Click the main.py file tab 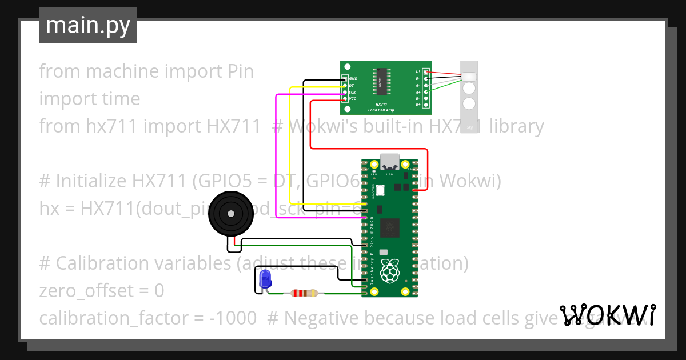tap(88, 25)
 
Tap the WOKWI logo tap(607, 315)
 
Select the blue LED tap(265, 279)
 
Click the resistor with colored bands tap(304, 293)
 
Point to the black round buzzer tap(230, 214)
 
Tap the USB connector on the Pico tap(390, 161)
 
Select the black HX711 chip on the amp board tap(380, 83)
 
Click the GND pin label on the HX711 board tap(353, 78)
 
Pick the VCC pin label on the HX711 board tap(353, 99)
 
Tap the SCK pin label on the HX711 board tap(352, 92)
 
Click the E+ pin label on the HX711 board tap(418, 71)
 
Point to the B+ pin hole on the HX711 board tap(425, 105)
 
